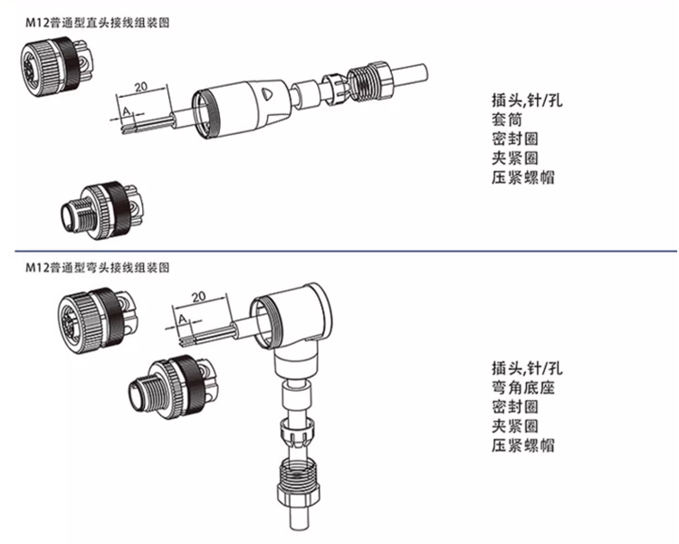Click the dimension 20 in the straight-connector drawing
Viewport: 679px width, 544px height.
(x=140, y=87)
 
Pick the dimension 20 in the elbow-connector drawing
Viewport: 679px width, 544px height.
(x=198, y=296)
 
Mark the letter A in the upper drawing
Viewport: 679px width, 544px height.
(x=127, y=111)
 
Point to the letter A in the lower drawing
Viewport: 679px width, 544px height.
(x=183, y=320)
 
